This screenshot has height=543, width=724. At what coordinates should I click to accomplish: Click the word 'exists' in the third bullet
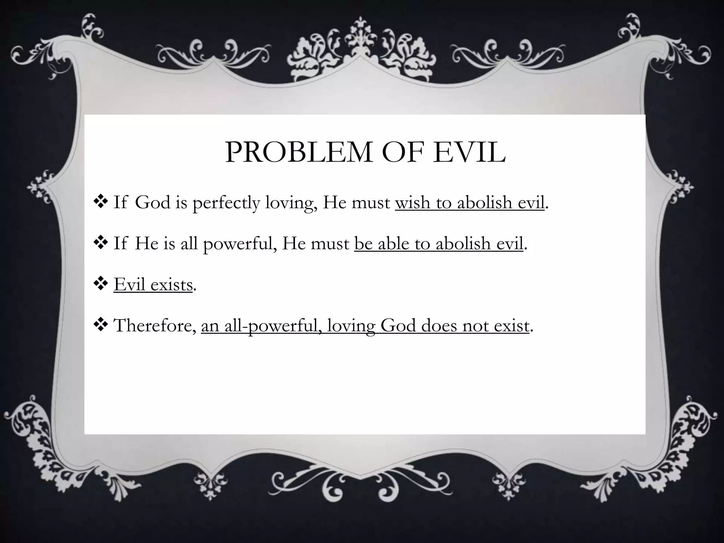(x=171, y=285)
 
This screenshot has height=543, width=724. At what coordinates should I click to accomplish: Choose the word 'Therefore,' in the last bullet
(x=155, y=326)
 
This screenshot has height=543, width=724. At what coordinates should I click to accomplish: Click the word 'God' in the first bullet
(x=153, y=203)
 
